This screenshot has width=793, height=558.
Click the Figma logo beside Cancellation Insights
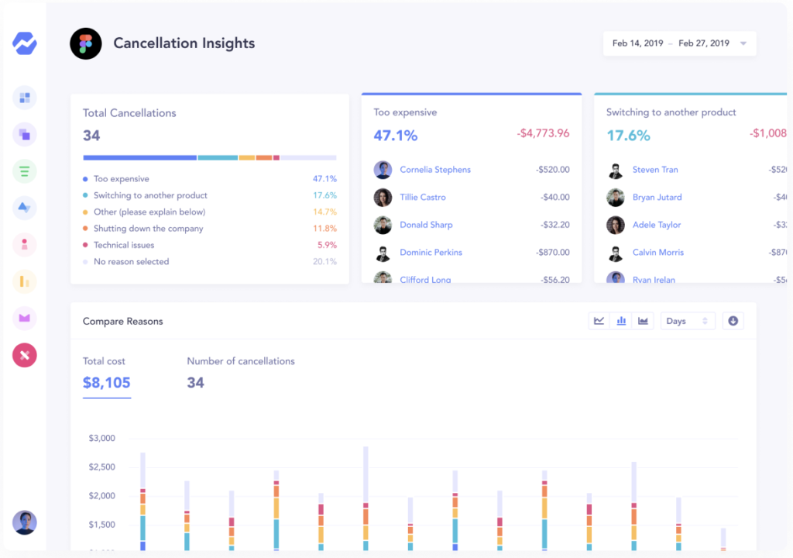coord(85,44)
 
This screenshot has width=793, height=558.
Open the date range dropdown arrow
coord(743,44)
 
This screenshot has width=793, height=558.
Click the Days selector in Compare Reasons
coord(687,321)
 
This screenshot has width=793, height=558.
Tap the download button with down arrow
coord(733,321)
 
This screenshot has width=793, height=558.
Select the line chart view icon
coord(599,321)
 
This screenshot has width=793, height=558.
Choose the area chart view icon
coord(643,321)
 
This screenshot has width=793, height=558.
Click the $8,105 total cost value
coord(107,383)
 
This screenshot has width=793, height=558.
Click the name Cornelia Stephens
coord(435,170)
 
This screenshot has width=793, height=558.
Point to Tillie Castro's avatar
coord(383,198)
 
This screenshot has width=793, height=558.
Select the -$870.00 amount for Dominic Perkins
coord(552,253)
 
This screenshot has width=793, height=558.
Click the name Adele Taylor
coord(657,225)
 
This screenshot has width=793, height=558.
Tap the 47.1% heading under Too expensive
coord(396,136)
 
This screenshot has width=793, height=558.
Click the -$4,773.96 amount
coord(543,133)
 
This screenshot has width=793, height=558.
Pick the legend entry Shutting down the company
coord(148,229)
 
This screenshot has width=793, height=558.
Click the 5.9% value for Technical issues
coord(327,245)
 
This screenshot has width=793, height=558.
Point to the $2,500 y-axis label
coord(101,467)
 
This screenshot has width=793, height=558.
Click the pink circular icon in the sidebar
coord(25,355)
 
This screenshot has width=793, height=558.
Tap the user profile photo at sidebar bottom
coord(25,522)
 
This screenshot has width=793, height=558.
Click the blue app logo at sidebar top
coord(25,43)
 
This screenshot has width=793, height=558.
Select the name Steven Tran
coord(655,170)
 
